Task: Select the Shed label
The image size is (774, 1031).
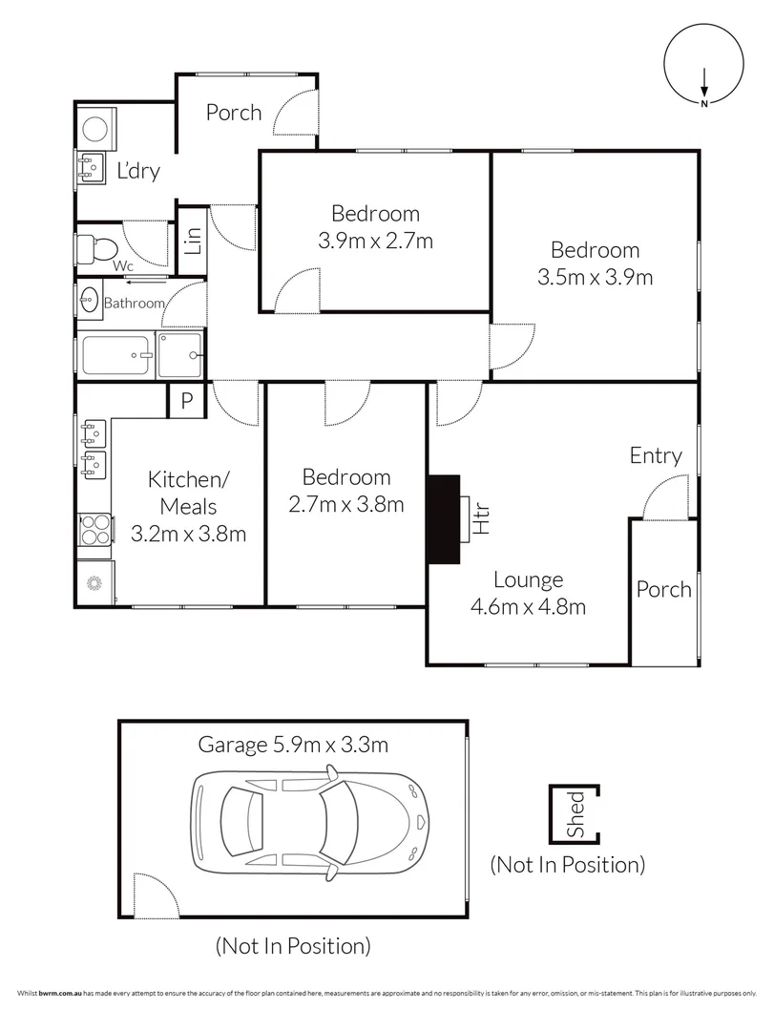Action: (x=576, y=814)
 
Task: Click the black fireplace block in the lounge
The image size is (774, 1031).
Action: (x=443, y=520)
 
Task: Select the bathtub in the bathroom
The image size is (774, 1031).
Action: (x=116, y=355)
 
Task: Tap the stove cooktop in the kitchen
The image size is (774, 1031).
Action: (x=95, y=529)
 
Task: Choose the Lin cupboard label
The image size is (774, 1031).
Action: (x=193, y=239)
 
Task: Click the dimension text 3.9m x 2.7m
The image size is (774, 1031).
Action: (x=375, y=241)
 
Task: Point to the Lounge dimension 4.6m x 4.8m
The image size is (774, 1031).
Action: (x=527, y=605)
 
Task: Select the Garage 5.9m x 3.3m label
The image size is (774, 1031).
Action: (x=293, y=745)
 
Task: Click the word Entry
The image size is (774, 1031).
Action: (x=656, y=456)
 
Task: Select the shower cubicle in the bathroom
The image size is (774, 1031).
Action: (x=180, y=355)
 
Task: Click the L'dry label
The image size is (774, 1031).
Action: (x=137, y=172)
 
